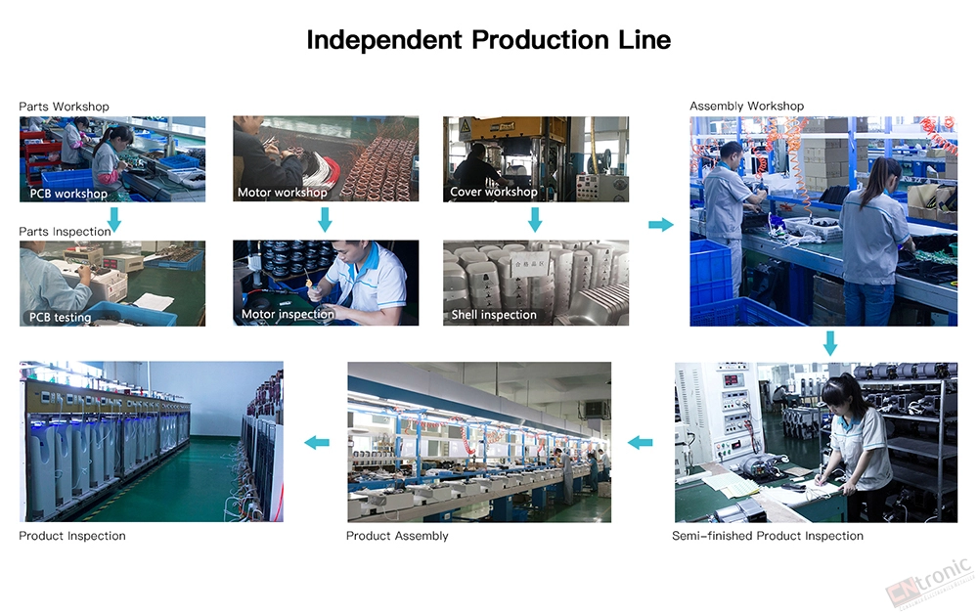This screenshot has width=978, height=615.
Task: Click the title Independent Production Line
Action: click(x=488, y=40)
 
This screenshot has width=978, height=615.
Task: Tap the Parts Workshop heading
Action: click(x=64, y=107)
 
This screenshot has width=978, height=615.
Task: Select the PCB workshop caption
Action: click(x=68, y=194)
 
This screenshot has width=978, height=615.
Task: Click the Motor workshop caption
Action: click(x=282, y=192)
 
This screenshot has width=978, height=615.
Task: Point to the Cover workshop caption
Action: click(x=493, y=192)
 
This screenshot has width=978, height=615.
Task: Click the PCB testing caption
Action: click(x=60, y=318)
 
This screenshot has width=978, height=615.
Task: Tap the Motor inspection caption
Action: click(x=288, y=315)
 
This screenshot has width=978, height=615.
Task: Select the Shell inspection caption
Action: click(x=493, y=315)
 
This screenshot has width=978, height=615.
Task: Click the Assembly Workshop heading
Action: click(x=746, y=106)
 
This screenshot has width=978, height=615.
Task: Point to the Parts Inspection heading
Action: click(x=65, y=232)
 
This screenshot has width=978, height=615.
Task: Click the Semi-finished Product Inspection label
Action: click(x=767, y=536)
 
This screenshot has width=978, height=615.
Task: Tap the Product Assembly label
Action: click(x=397, y=536)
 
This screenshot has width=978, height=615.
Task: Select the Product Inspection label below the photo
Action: click(x=71, y=536)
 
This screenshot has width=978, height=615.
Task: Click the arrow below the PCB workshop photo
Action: click(x=114, y=219)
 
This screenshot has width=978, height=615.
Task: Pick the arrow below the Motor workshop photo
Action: click(x=325, y=219)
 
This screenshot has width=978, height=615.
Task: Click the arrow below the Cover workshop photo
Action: click(x=535, y=219)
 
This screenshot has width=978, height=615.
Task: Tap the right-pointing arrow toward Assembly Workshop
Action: click(x=661, y=225)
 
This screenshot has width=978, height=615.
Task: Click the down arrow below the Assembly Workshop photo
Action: click(x=830, y=343)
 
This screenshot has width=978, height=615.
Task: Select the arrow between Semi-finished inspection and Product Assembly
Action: click(x=640, y=443)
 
